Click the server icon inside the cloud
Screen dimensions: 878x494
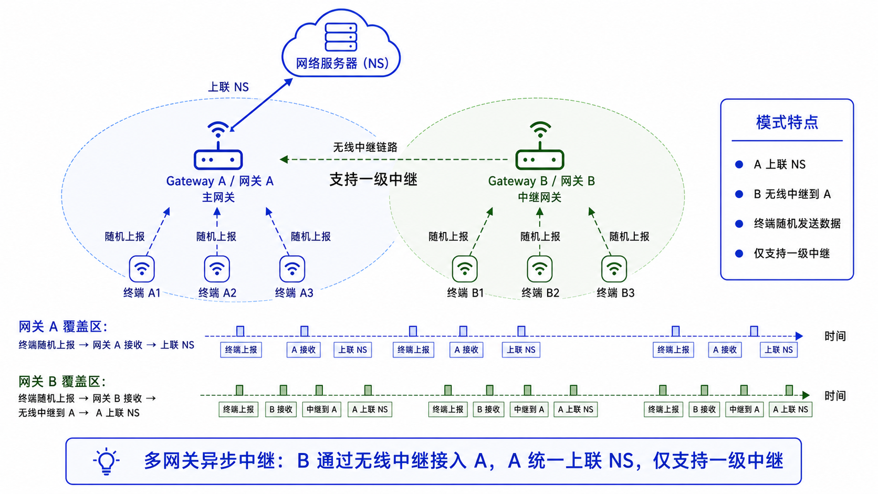pyautogui.click(x=341, y=37)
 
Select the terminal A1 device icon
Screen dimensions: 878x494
pyautogui.click(x=141, y=269)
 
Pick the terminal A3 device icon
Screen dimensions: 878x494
pyautogui.click(x=292, y=269)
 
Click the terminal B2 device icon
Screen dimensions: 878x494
pyautogui.click(x=539, y=269)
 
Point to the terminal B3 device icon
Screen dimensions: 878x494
pyautogui.click(x=614, y=269)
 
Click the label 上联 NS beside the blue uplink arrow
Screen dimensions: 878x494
pyautogui.click(x=228, y=87)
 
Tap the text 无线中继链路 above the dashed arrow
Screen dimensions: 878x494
pyautogui.click(x=365, y=148)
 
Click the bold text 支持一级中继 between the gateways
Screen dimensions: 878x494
pyautogui.click(x=373, y=180)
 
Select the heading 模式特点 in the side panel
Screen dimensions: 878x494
pyautogui.click(x=787, y=122)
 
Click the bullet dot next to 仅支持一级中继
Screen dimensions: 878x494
pyautogui.click(x=739, y=254)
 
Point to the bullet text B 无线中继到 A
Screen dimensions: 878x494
pyautogui.click(x=792, y=194)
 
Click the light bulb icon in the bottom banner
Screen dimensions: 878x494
pyautogui.click(x=106, y=461)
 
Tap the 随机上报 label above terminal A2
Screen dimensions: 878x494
pyautogui.click(x=216, y=237)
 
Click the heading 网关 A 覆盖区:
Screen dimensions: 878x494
pyautogui.click(x=63, y=327)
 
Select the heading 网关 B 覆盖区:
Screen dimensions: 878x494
pyautogui.click(x=62, y=381)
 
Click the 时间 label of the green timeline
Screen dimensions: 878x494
pyautogui.click(x=835, y=396)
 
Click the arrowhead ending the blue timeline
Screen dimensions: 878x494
pyautogui.click(x=799, y=336)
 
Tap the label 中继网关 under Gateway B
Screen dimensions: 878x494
pyautogui.click(x=540, y=197)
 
